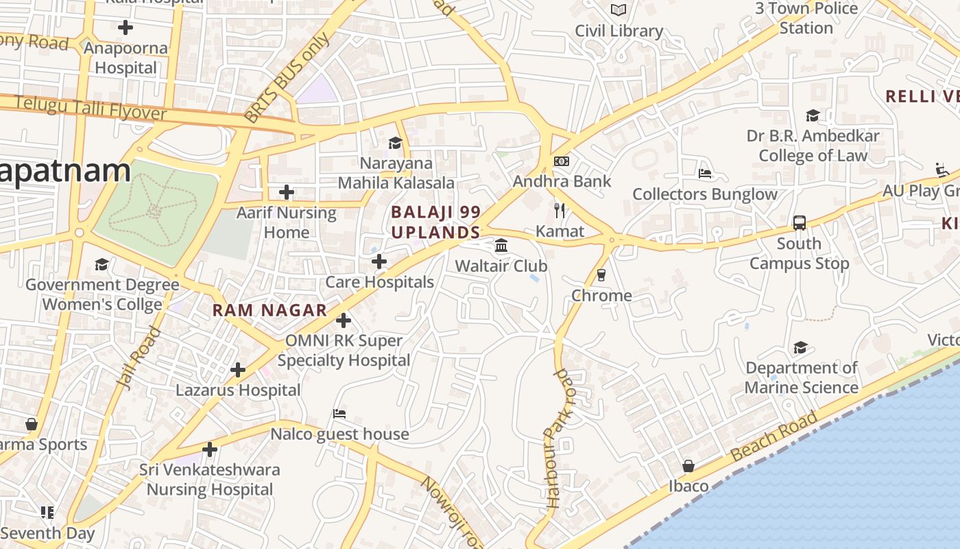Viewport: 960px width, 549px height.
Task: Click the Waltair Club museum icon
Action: click(501, 245)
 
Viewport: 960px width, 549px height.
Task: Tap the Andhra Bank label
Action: click(562, 182)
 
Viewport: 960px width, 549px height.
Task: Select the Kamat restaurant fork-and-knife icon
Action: click(560, 211)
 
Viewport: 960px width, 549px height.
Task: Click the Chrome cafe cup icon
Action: click(601, 275)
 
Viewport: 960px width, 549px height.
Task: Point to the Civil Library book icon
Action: click(619, 10)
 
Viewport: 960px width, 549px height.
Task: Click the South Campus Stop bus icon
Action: click(800, 223)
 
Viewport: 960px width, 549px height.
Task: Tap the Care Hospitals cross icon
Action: click(379, 261)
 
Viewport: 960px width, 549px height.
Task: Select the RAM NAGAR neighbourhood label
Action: click(269, 310)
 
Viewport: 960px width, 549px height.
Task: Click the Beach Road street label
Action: click(773, 436)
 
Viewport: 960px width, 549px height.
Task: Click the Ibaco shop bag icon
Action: click(688, 467)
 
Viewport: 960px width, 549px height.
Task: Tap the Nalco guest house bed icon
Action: click(339, 414)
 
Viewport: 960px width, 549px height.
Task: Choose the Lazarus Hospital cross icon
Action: click(238, 371)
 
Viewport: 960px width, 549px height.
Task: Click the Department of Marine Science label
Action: click(801, 378)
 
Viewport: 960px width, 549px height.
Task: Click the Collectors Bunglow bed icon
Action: click(705, 173)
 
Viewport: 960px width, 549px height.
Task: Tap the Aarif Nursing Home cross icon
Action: click(287, 192)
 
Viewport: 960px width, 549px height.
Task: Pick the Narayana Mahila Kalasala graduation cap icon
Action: click(395, 143)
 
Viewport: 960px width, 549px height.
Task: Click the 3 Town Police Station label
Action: click(806, 19)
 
